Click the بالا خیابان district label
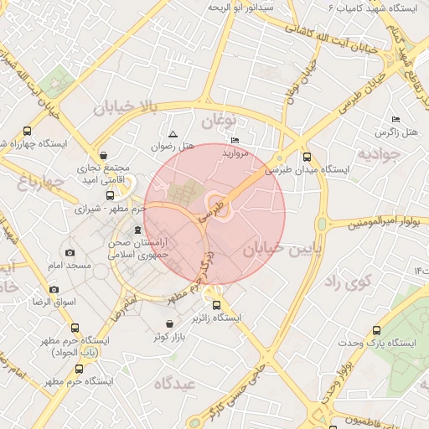coord(126,106)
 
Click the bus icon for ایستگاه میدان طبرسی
coord(307,156)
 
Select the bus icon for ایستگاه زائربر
coord(217,306)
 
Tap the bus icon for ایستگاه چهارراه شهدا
coord(27,131)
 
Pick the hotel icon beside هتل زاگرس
coord(396,120)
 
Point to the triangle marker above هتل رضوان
coord(173,134)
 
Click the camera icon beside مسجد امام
coord(70,253)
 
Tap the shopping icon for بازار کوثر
coord(170,323)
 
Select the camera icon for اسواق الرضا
coord(54,289)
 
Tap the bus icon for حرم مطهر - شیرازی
coord(111,195)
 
